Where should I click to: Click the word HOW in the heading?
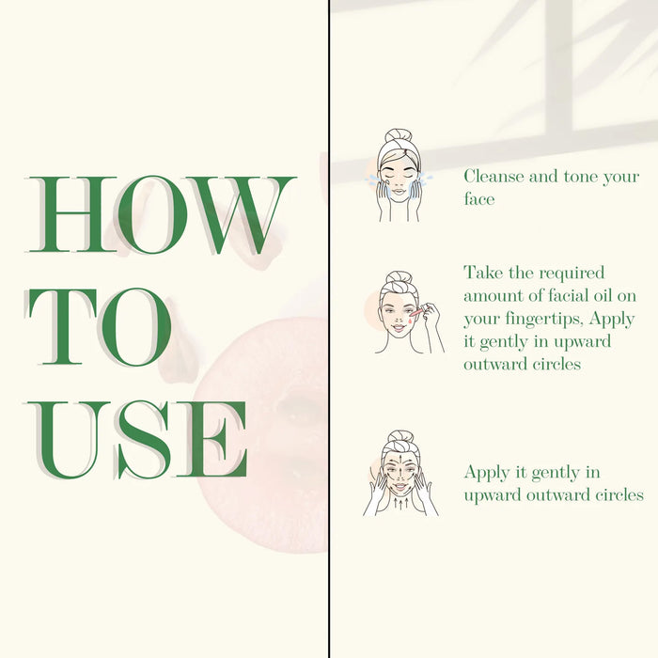162,214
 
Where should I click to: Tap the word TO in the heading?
99,326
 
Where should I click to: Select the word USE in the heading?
137,440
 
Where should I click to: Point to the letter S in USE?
144,440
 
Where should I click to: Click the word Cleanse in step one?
493,177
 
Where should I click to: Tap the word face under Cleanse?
479,198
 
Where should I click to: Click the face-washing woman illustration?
398,176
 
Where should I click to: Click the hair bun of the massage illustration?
400,437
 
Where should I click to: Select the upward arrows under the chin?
400,503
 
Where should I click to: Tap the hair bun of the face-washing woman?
399,136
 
